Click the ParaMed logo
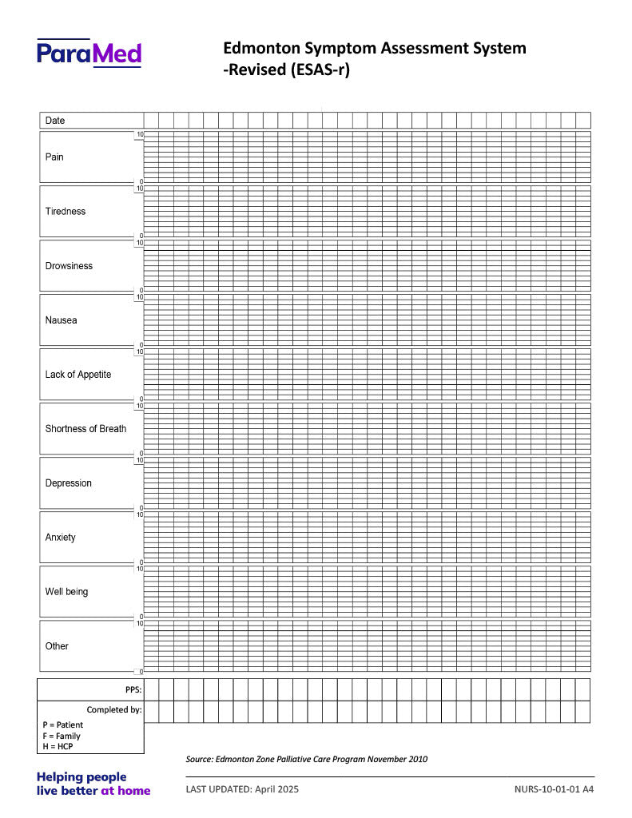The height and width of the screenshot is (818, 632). click(89, 53)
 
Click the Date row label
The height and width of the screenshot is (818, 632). click(55, 121)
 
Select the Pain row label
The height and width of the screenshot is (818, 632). click(54, 157)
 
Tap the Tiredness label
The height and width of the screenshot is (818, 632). click(66, 212)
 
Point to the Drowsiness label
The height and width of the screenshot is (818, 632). click(69, 266)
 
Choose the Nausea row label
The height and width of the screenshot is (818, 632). click(61, 320)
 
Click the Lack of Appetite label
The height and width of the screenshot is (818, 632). click(78, 375)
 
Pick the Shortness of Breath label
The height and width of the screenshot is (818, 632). click(85, 429)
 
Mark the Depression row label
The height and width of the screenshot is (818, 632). click(69, 483)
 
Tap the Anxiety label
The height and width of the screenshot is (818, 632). click(61, 538)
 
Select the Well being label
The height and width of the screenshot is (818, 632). click(66, 592)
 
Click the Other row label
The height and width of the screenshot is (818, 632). click(57, 646)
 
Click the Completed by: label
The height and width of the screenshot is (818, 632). click(114, 709)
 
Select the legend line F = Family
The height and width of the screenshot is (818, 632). click(62, 736)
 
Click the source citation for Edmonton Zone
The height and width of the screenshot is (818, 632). click(306, 759)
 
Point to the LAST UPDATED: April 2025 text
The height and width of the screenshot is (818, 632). click(242, 789)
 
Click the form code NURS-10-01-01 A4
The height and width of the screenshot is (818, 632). click(554, 789)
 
